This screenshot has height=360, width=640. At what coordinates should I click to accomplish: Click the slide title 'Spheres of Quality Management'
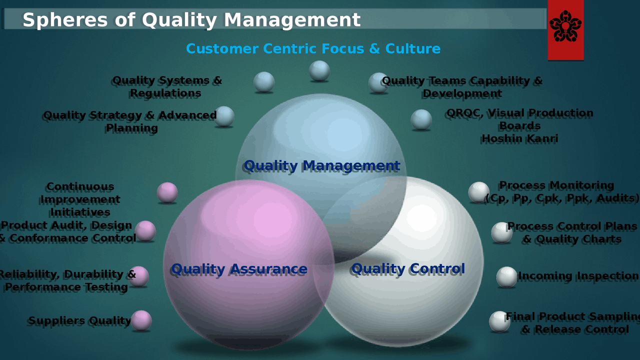click(x=191, y=20)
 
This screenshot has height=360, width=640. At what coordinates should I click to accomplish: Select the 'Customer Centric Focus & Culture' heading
click(x=313, y=49)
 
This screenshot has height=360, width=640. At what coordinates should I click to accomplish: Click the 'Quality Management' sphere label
click(x=321, y=165)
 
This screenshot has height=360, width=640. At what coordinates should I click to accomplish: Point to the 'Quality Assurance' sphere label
click(x=238, y=269)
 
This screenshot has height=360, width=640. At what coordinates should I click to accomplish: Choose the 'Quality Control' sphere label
click(x=408, y=268)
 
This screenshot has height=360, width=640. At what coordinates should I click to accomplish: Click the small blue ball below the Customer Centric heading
click(x=319, y=70)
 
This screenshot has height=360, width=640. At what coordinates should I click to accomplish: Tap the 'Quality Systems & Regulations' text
click(x=166, y=87)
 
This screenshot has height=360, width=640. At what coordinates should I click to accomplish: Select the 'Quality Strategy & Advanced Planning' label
click(x=130, y=121)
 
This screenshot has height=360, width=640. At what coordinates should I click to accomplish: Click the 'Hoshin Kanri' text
click(x=519, y=138)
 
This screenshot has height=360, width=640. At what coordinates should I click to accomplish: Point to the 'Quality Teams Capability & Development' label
click(x=462, y=87)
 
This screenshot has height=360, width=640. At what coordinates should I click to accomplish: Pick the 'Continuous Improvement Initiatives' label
click(x=80, y=199)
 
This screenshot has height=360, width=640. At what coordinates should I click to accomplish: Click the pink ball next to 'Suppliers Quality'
click(x=141, y=320)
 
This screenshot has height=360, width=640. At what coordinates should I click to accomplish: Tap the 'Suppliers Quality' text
click(x=79, y=321)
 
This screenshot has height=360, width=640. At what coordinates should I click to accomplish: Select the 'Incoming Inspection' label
click(x=578, y=276)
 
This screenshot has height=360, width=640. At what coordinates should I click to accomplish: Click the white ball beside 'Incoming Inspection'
click(x=506, y=277)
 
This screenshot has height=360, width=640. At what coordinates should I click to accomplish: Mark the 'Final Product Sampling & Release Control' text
click(x=574, y=323)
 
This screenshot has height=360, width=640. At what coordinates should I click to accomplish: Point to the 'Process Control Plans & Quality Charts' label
click(x=572, y=233)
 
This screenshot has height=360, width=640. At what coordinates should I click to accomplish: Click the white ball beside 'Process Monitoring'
click(x=478, y=192)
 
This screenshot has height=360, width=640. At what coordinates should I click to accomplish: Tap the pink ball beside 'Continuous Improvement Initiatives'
click(x=167, y=192)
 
